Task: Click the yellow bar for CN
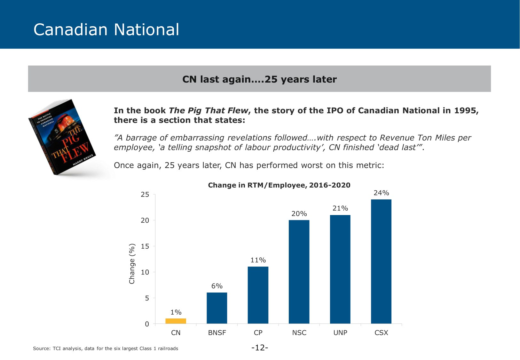tap(176, 321)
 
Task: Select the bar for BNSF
tap(217, 308)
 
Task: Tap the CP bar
tap(258, 295)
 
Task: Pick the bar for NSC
tap(299, 272)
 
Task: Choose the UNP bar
tap(340, 269)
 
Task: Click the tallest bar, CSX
tap(381, 261)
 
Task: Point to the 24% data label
tap(381, 193)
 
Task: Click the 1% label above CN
tap(176, 312)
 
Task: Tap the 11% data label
tap(258, 260)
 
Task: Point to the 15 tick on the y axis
tap(145, 246)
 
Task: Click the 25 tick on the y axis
tap(145, 195)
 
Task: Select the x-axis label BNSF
tap(217, 333)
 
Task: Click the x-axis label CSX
tap(381, 333)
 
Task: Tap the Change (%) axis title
tap(132, 264)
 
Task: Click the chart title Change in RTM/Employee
tap(279, 185)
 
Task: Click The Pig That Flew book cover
tap(62, 137)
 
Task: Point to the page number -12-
tap(260, 348)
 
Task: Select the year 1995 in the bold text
tap(465, 110)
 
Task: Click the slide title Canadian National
tap(106, 29)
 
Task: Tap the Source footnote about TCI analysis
tap(106, 348)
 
